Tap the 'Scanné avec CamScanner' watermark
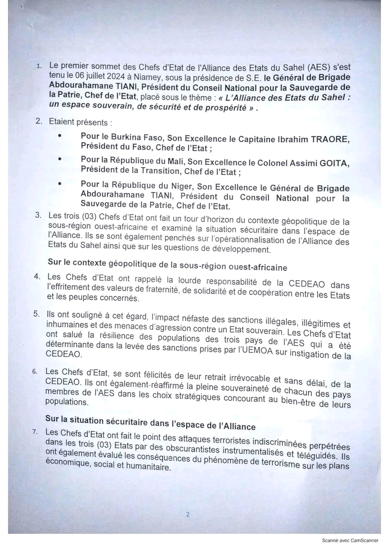(350, 540)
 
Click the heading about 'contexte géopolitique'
(167, 267)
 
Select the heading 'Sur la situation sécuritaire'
(150, 424)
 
